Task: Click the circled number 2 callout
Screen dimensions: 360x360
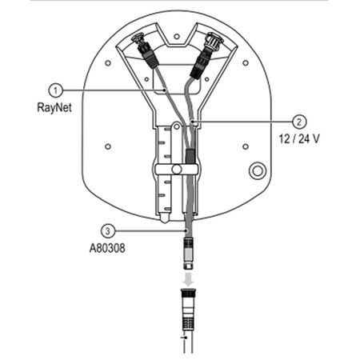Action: (298, 122)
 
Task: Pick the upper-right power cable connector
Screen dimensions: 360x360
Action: (213, 43)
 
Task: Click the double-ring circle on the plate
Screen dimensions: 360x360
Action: (258, 171)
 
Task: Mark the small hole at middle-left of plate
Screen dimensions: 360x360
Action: (107, 146)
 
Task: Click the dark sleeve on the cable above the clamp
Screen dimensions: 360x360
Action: (190, 153)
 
